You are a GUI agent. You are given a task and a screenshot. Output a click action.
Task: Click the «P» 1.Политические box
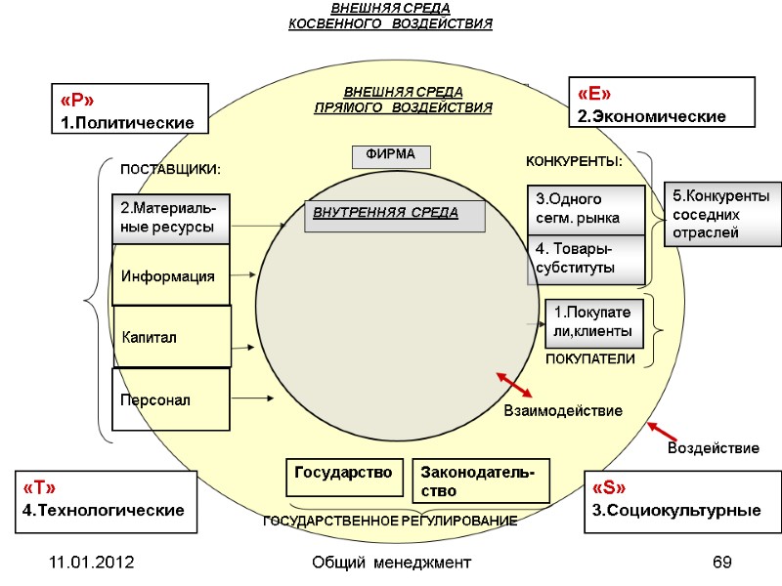pos(129,108)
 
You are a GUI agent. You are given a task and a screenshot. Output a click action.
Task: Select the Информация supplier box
pos(171,276)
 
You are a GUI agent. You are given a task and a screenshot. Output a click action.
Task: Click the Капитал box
pos(172,336)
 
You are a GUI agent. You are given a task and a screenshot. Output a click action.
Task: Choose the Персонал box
pos(170,399)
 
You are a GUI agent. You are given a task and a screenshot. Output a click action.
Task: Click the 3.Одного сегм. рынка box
pos(586,209)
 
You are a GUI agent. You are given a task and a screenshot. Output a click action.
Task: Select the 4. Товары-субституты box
pos(586,259)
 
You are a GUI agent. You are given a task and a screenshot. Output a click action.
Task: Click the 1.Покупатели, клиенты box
pos(594,323)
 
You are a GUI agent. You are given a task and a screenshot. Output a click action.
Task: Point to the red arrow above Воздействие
pos(663,431)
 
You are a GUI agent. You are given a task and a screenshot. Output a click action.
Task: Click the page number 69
pos(722,563)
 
